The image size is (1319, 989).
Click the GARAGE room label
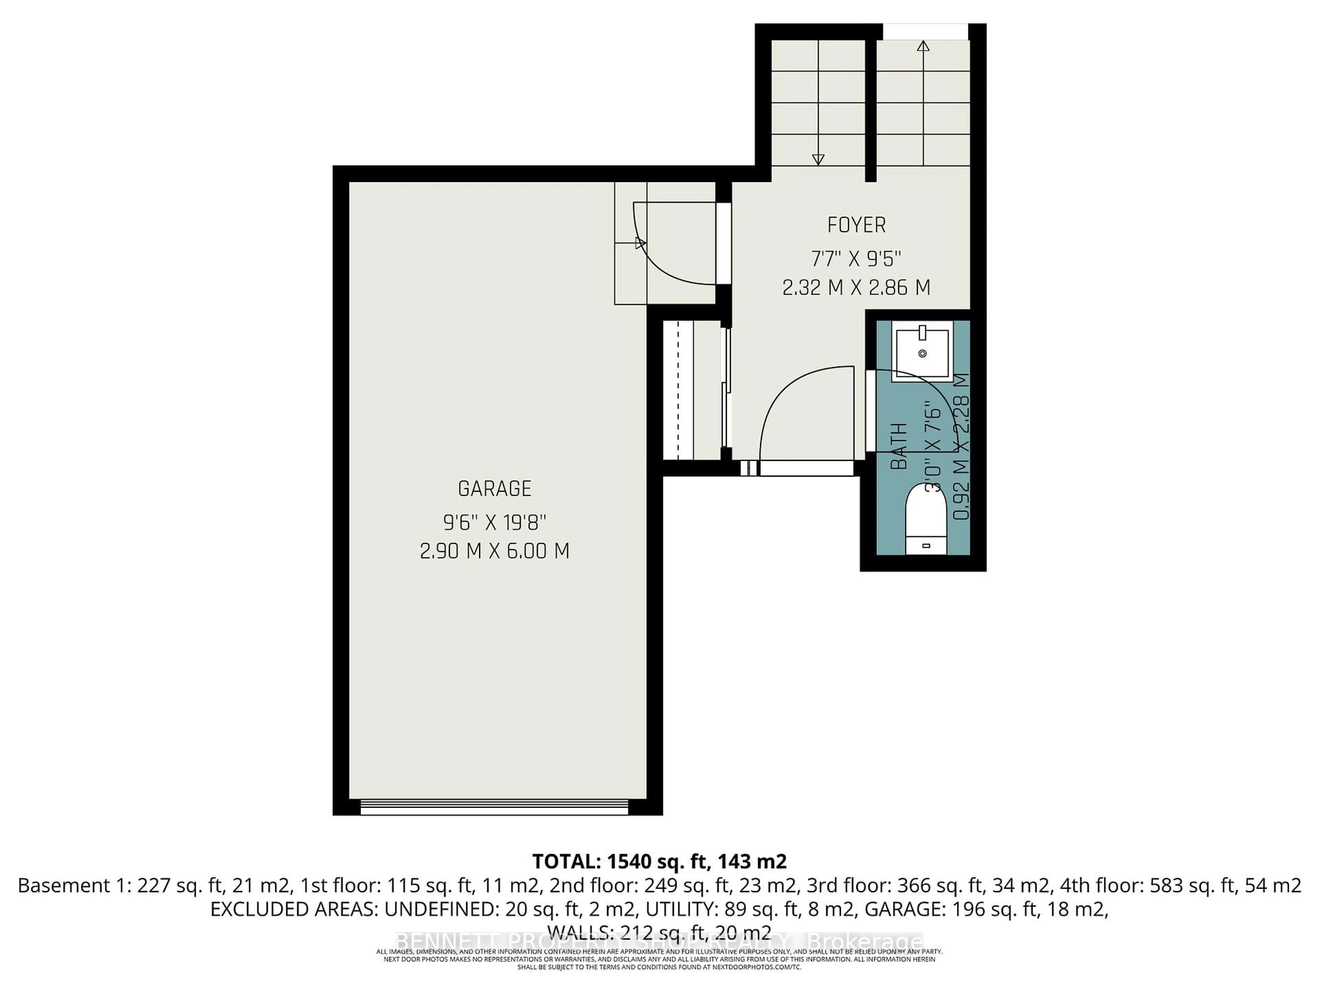click(x=494, y=489)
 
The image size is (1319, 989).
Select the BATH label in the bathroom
click(x=899, y=446)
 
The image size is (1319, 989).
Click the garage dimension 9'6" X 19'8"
click(x=494, y=523)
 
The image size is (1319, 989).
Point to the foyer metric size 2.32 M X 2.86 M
click(x=856, y=288)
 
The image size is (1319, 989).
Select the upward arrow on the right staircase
click(x=923, y=46)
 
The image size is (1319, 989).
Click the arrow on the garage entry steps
click(x=640, y=243)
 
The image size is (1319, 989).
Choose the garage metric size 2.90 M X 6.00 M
click(x=494, y=551)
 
